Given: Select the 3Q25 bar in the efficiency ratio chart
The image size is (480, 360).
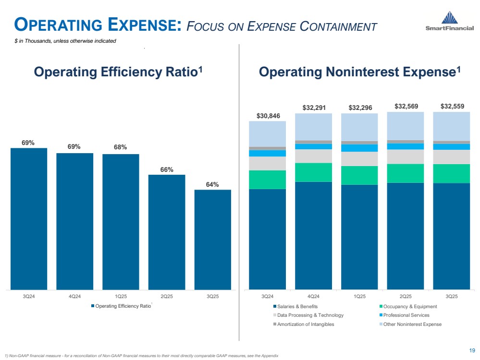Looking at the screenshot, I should coord(212,240).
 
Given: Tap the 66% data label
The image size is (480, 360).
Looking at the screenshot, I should coord(167,169).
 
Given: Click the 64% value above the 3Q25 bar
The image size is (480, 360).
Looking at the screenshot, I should coord(213,184).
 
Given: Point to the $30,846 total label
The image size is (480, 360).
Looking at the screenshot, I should coord(267,116).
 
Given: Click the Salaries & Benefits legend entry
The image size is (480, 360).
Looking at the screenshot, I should coord(297,306).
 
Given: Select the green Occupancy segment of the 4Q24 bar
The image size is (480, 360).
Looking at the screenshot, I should coord(313,172).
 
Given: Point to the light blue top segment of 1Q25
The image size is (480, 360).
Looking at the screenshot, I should coord(359,127).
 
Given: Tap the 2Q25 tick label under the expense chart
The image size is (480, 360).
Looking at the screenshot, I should coord(406,296).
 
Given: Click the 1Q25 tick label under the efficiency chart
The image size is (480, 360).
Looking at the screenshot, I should coord(121,296).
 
